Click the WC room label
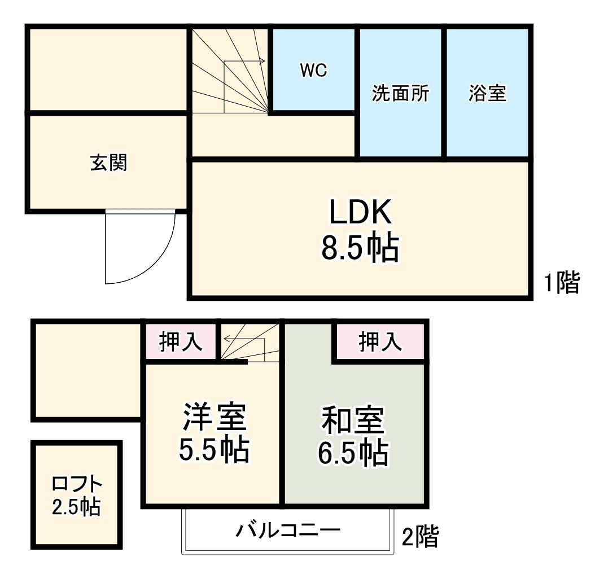[x=313, y=71]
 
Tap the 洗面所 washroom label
[x=400, y=94]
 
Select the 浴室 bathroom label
[x=487, y=94]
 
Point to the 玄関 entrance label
[x=108, y=163]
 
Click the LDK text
[x=360, y=213]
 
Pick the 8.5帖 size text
[x=360, y=248]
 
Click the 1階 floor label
[x=562, y=283]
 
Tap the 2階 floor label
[x=419, y=537]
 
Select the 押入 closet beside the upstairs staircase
[x=180, y=342]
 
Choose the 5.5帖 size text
[x=214, y=450]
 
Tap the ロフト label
[x=77, y=484]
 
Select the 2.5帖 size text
[x=77, y=507]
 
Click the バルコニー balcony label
[x=288, y=531]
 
